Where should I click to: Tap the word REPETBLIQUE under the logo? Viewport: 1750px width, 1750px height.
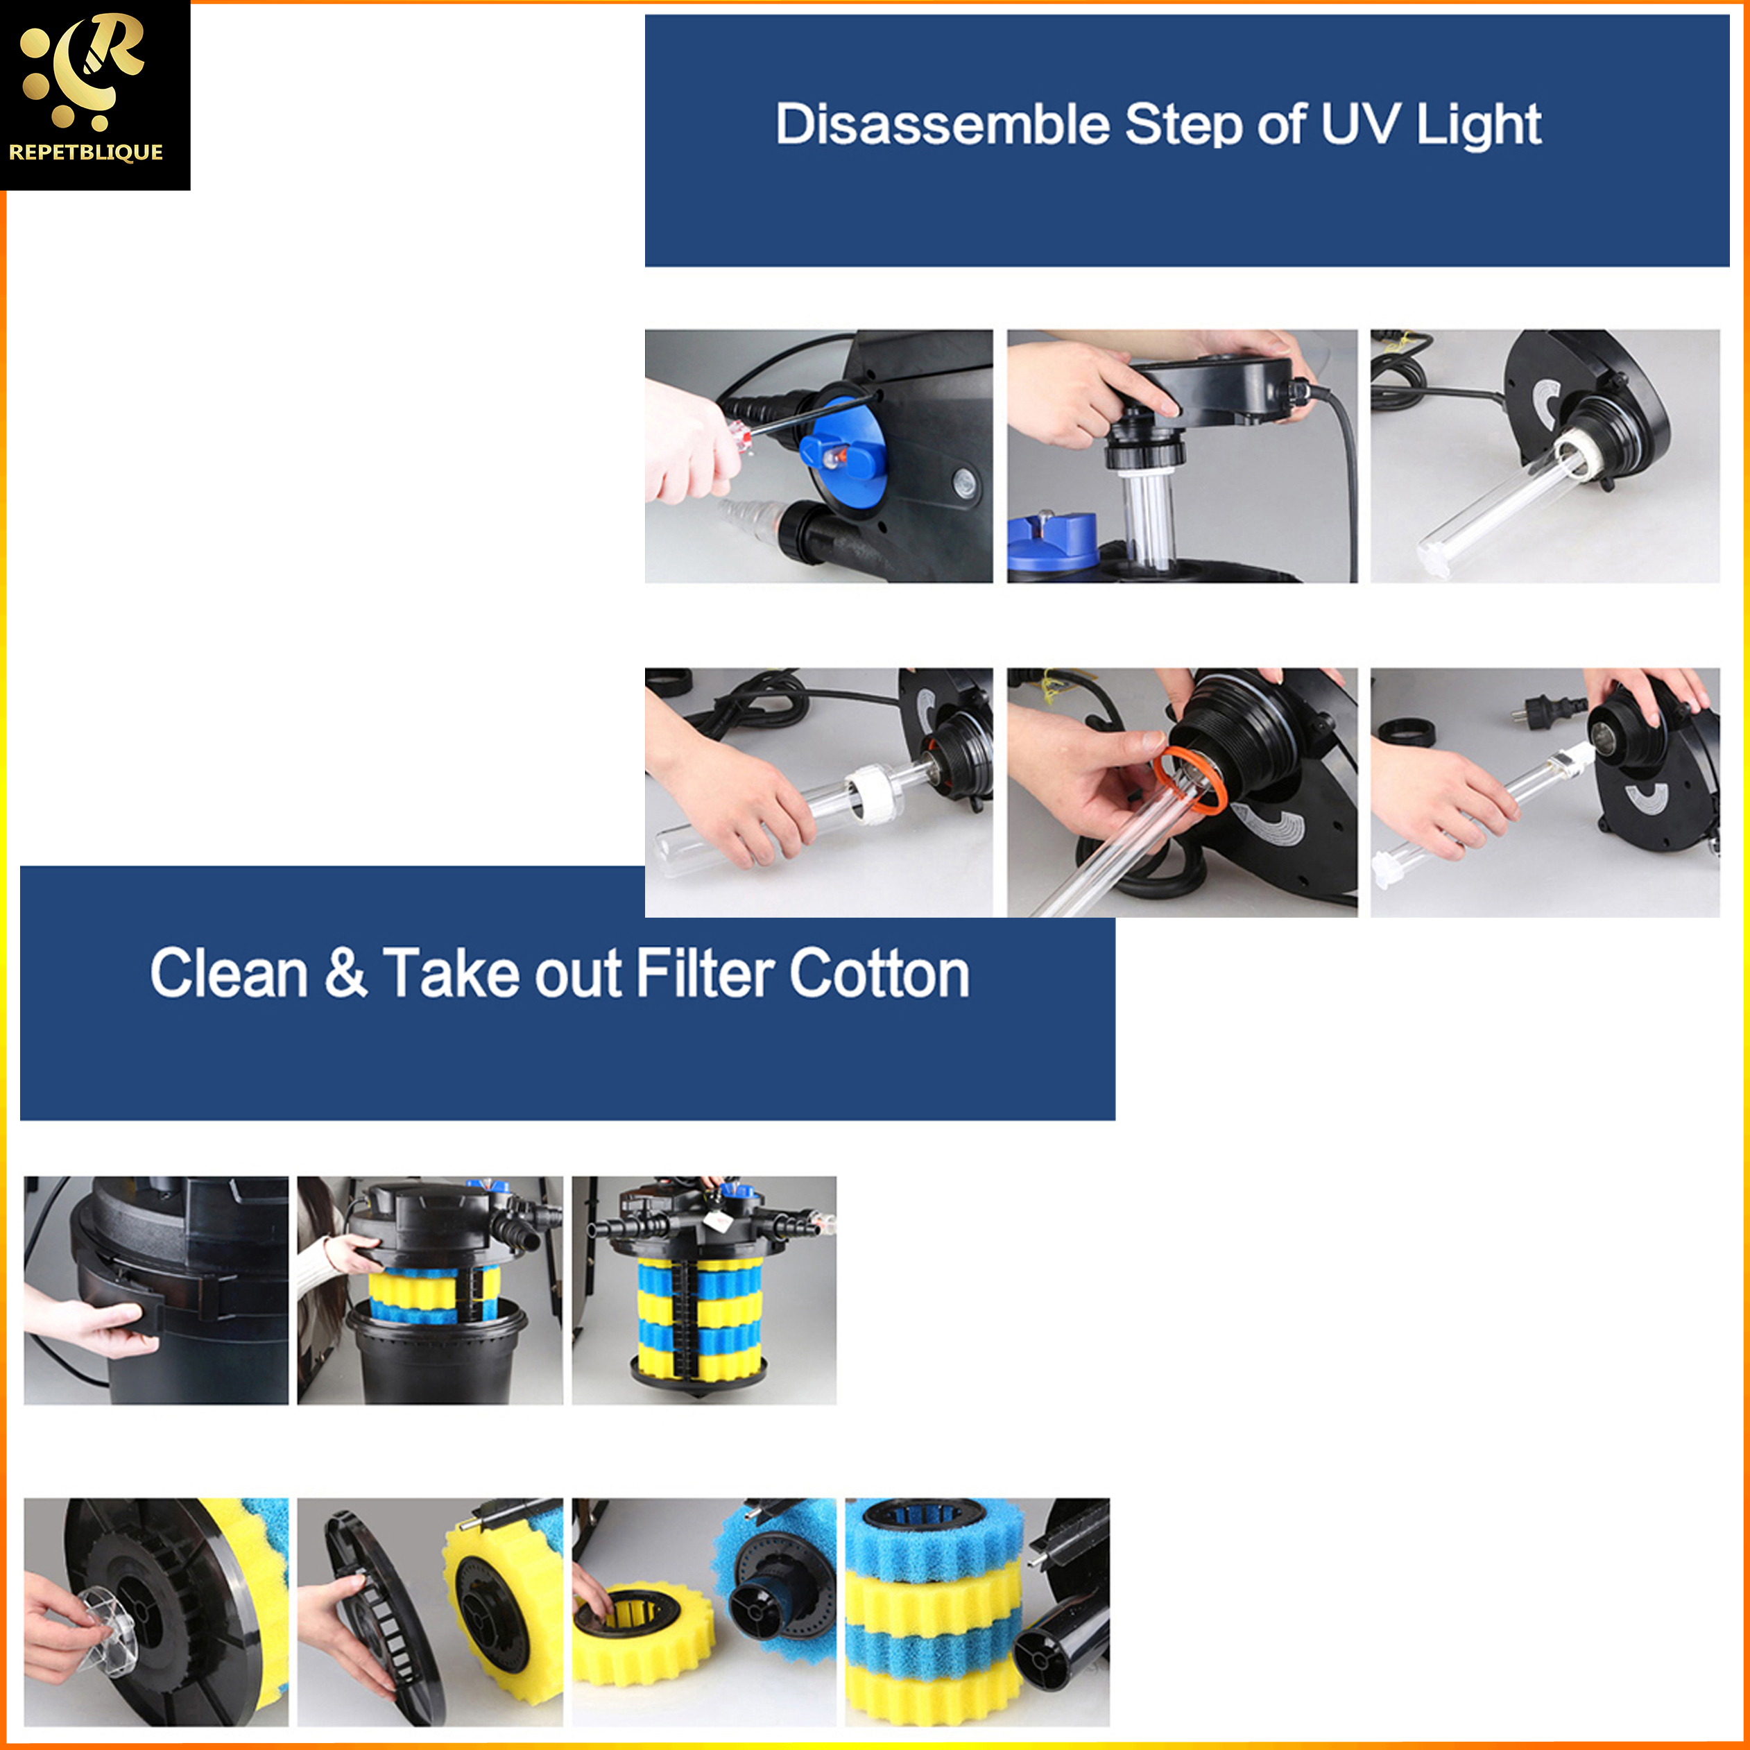(x=86, y=152)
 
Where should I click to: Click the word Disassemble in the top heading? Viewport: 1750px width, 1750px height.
(x=942, y=124)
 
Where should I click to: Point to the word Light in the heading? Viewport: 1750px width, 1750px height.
(x=1478, y=125)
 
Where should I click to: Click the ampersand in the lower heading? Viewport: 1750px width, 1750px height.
(x=345, y=973)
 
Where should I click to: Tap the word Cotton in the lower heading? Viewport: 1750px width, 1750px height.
(x=879, y=974)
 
